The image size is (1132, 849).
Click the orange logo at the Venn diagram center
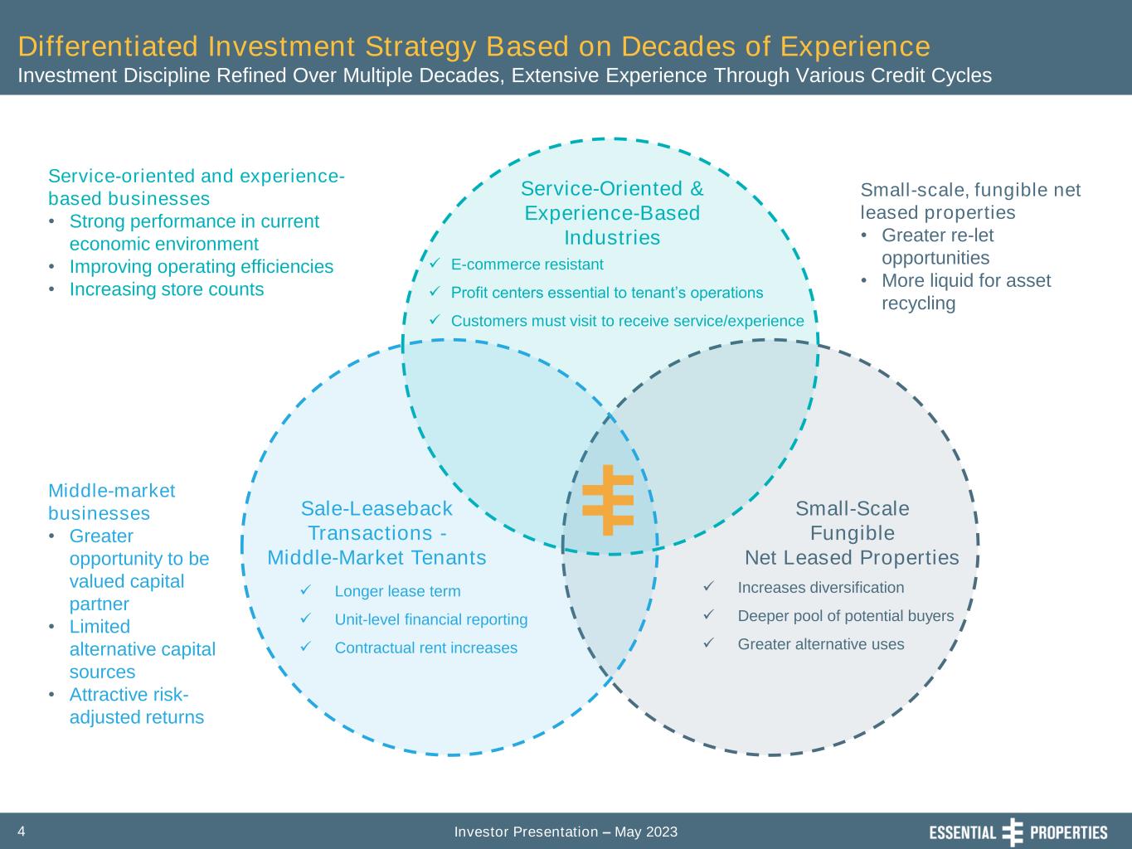click(608, 500)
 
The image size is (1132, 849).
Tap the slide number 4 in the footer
click(21, 831)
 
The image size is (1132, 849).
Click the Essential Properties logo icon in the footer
click(1013, 832)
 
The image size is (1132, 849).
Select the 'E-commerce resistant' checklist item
click(527, 264)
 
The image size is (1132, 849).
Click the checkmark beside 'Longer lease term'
click(306, 589)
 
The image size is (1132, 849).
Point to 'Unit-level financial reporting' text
click(431, 619)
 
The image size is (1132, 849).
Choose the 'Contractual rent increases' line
click(426, 648)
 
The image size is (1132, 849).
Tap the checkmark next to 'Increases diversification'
click(709, 586)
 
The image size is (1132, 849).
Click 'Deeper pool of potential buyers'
click(846, 615)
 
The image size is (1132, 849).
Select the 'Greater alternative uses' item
click(821, 644)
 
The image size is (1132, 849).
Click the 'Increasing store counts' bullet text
click(167, 289)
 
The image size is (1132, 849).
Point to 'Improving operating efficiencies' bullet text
click(202, 266)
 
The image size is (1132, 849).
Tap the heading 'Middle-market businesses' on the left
click(111, 502)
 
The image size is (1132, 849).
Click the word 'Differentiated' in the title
click(108, 46)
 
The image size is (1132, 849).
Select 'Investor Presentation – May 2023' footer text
click(566, 832)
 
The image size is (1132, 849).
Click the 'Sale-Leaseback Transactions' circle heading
click(377, 533)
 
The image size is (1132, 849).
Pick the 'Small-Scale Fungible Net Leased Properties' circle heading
click(852, 533)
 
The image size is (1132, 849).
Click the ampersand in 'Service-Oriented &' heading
click(697, 189)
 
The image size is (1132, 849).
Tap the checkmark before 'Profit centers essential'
click(435, 291)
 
